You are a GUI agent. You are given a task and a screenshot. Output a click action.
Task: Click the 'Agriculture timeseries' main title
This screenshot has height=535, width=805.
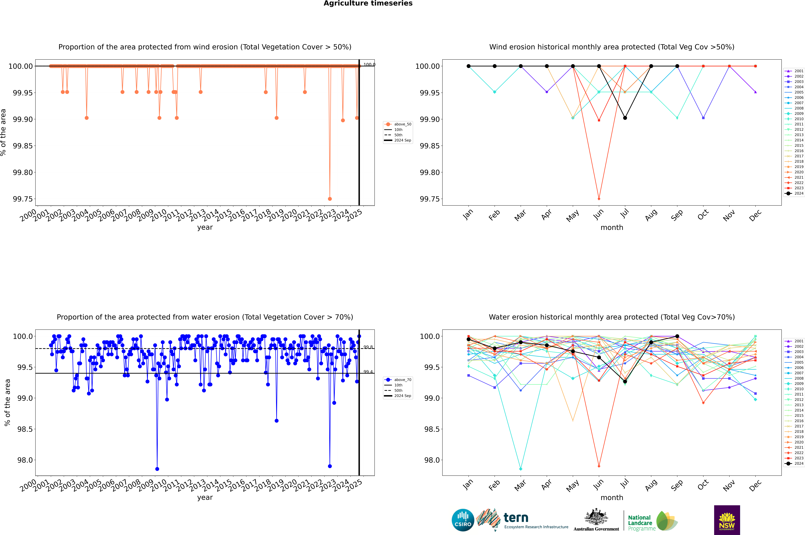[368, 3]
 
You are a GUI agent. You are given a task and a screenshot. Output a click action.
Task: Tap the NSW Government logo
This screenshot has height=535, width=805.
[727, 520]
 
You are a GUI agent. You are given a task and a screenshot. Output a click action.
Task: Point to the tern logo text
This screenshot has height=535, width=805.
[516, 518]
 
